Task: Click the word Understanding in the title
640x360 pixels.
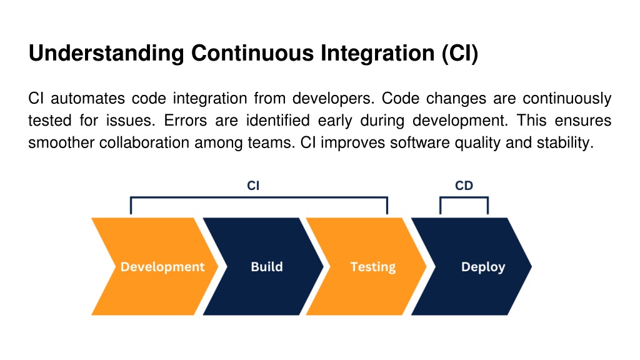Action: tap(106, 54)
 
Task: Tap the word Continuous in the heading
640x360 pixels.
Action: tap(252, 53)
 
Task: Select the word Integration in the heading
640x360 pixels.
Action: tap(377, 54)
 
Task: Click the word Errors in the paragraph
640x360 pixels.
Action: tap(186, 121)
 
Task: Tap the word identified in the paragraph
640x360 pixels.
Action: tap(278, 121)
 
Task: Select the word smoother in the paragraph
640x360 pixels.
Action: tap(61, 142)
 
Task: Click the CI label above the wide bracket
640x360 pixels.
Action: tap(253, 186)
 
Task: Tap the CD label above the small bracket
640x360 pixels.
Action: tap(464, 186)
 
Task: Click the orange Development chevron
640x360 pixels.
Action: tap(155, 266)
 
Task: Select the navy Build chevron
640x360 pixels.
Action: tap(264, 266)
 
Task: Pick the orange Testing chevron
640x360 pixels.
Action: tap(366, 266)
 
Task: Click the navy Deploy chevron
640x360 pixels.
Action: tap(472, 266)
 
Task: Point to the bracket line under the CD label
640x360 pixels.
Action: tap(464, 198)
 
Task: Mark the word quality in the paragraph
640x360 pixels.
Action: tap(478, 143)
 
